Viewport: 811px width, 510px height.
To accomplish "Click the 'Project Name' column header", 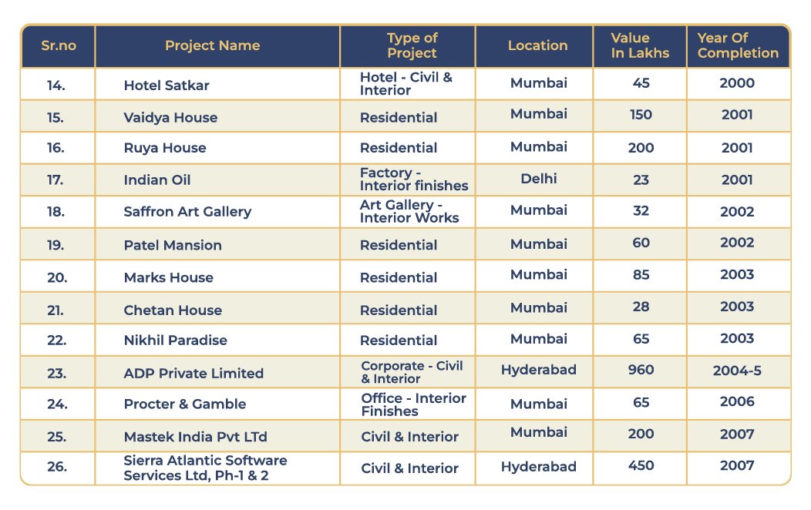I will click(x=212, y=45).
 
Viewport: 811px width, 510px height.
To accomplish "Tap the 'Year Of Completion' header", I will click(x=738, y=45).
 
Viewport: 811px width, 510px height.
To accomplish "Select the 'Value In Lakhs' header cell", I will click(x=640, y=45).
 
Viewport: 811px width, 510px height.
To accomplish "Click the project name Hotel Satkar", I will click(x=167, y=85).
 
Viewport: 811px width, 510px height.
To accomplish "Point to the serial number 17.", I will click(x=56, y=180).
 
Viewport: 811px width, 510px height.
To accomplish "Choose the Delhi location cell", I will click(x=538, y=179).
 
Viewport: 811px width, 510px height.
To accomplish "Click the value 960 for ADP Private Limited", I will click(x=641, y=370).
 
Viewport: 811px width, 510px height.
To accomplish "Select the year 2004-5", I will click(x=737, y=370).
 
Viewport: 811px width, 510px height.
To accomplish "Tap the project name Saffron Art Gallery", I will click(x=187, y=211).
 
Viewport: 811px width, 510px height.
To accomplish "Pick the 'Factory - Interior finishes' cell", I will click(x=414, y=180).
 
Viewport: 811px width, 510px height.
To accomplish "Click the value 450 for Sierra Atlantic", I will click(x=641, y=465).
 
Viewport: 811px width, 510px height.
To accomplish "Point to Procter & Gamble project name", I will click(x=185, y=404).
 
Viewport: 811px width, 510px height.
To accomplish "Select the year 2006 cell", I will click(x=737, y=401).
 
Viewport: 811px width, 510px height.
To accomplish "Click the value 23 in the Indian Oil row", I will click(x=641, y=180).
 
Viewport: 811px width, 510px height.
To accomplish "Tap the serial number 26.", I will click(x=56, y=467).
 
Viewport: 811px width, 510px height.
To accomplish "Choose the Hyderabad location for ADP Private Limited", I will click(x=538, y=370).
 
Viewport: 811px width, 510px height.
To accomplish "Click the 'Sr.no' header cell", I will click(x=59, y=45).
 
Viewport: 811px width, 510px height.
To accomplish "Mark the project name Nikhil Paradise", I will click(x=175, y=340).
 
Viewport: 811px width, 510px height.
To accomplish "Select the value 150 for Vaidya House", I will click(x=641, y=115).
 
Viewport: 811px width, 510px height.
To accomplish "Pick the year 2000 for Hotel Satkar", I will click(x=737, y=82).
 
